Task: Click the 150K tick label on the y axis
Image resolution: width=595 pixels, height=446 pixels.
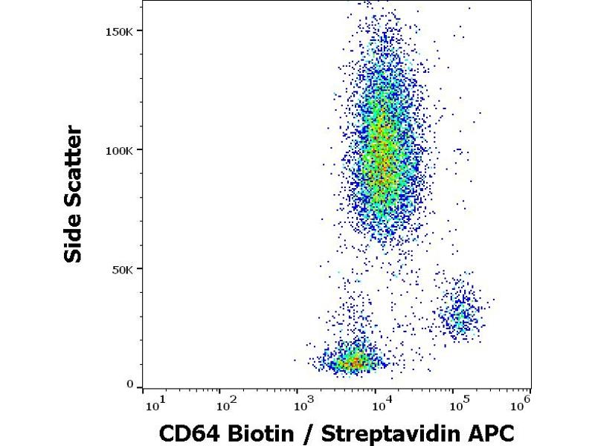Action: (120, 31)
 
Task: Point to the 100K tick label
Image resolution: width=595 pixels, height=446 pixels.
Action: (120, 150)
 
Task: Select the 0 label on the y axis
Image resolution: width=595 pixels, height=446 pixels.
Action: (129, 385)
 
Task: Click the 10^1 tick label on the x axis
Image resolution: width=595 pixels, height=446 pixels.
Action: (155, 404)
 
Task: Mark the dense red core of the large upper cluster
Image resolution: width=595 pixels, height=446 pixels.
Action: (381, 152)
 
